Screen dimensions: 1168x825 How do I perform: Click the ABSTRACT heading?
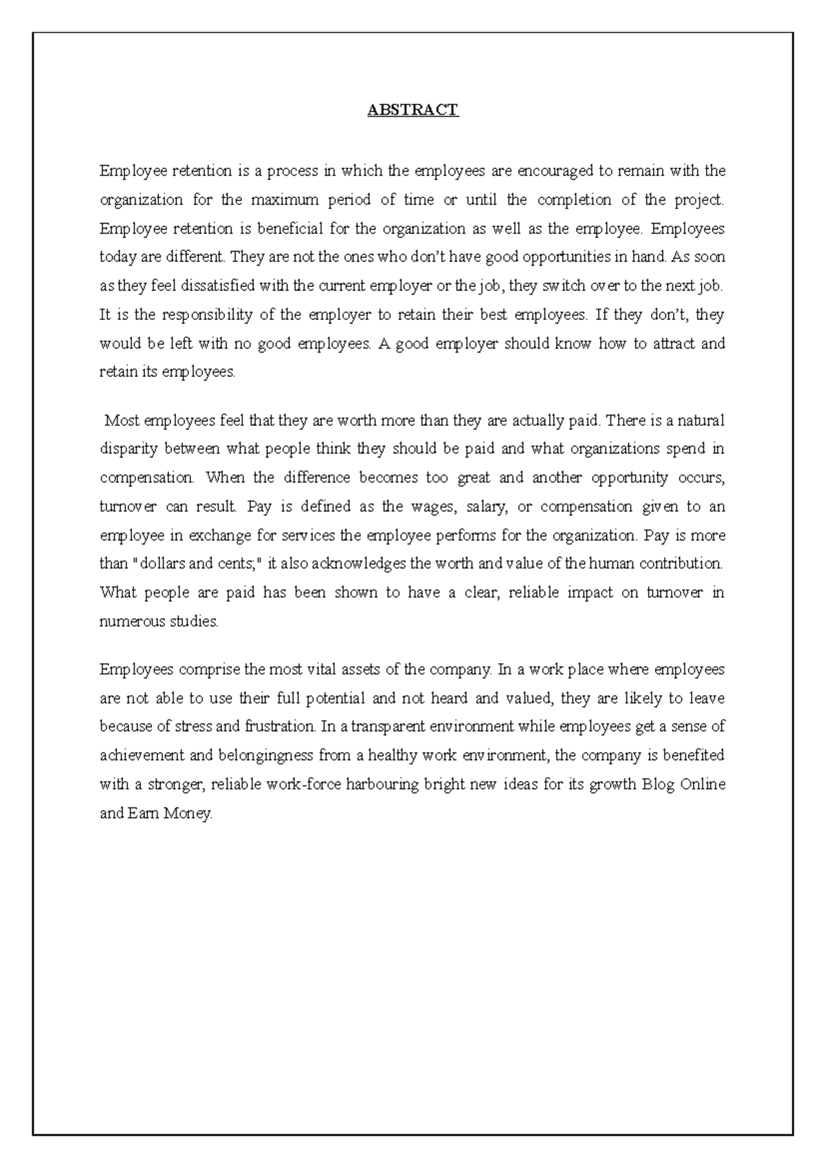click(412, 110)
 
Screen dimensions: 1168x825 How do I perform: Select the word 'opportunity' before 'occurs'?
click(629, 477)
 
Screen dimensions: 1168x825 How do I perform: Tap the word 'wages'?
click(432, 507)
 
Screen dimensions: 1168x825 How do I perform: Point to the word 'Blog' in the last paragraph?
click(658, 785)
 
